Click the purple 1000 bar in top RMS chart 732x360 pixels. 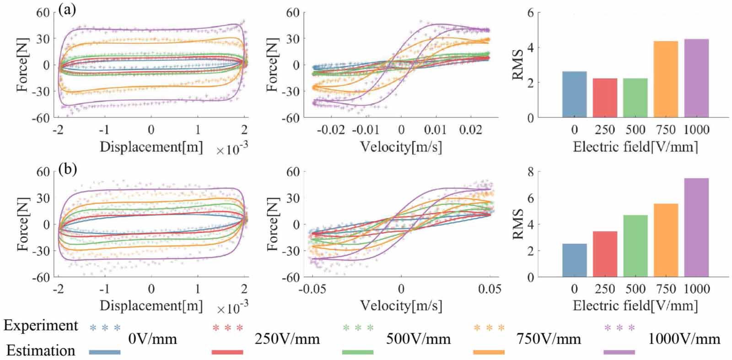(696, 78)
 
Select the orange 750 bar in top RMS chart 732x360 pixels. (666, 80)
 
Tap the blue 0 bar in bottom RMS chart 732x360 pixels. (574, 260)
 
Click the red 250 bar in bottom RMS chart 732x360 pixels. (605, 254)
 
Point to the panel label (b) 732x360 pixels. (67, 169)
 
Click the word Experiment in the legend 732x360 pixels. (41, 326)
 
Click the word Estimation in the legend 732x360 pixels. (41, 350)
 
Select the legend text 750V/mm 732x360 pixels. (549, 339)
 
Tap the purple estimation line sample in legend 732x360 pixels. (619, 352)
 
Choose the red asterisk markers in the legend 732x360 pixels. (227, 328)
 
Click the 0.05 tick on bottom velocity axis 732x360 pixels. (490, 289)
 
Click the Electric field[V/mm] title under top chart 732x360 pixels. (635, 147)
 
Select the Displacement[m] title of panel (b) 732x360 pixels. (151, 306)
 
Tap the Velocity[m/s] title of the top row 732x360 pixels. (401, 147)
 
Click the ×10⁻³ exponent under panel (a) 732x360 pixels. (232, 149)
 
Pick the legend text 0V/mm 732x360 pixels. (152, 339)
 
